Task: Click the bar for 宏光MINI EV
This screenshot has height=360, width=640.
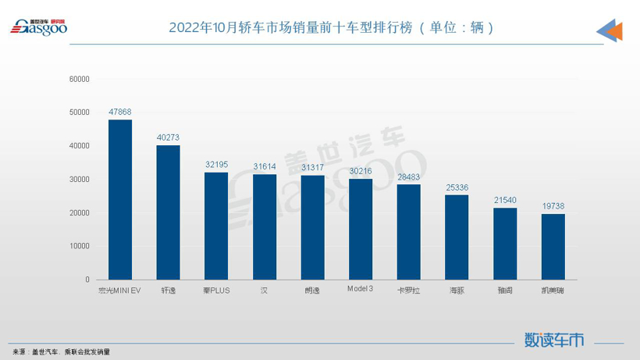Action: [x=120, y=199]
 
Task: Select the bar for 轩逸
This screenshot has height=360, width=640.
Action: [x=168, y=212]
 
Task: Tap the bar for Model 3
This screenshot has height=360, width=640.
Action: [x=361, y=229]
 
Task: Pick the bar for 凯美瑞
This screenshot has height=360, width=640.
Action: [x=553, y=246]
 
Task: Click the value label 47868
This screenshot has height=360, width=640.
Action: [x=120, y=112]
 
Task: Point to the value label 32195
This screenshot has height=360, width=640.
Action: [x=216, y=165]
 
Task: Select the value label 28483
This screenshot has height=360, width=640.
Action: [x=408, y=177]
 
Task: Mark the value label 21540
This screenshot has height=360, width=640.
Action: [x=505, y=201]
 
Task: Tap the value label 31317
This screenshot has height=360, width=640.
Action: [x=312, y=168]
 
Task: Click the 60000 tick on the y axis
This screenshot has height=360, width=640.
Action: [x=80, y=79]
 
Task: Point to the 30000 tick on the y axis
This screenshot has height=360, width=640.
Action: [x=80, y=180]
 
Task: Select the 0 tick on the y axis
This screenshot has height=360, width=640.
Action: [x=87, y=280]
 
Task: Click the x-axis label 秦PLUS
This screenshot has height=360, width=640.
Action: [x=216, y=290]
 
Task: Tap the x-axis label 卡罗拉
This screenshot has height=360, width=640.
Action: [x=408, y=290]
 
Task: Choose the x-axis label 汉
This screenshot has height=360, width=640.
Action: [x=265, y=290]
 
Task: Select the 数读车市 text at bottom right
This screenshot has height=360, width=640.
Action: [x=554, y=340]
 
